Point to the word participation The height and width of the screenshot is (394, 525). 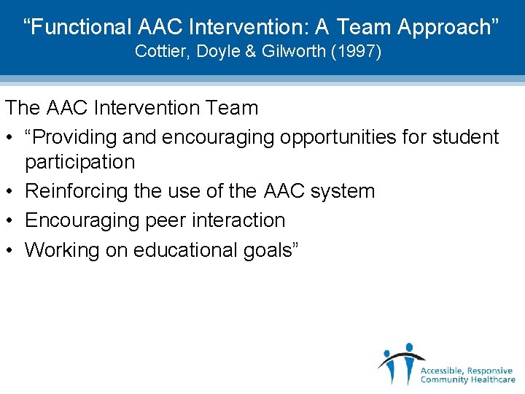tap(80, 162)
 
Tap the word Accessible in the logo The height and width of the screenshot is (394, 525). tap(443, 371)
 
